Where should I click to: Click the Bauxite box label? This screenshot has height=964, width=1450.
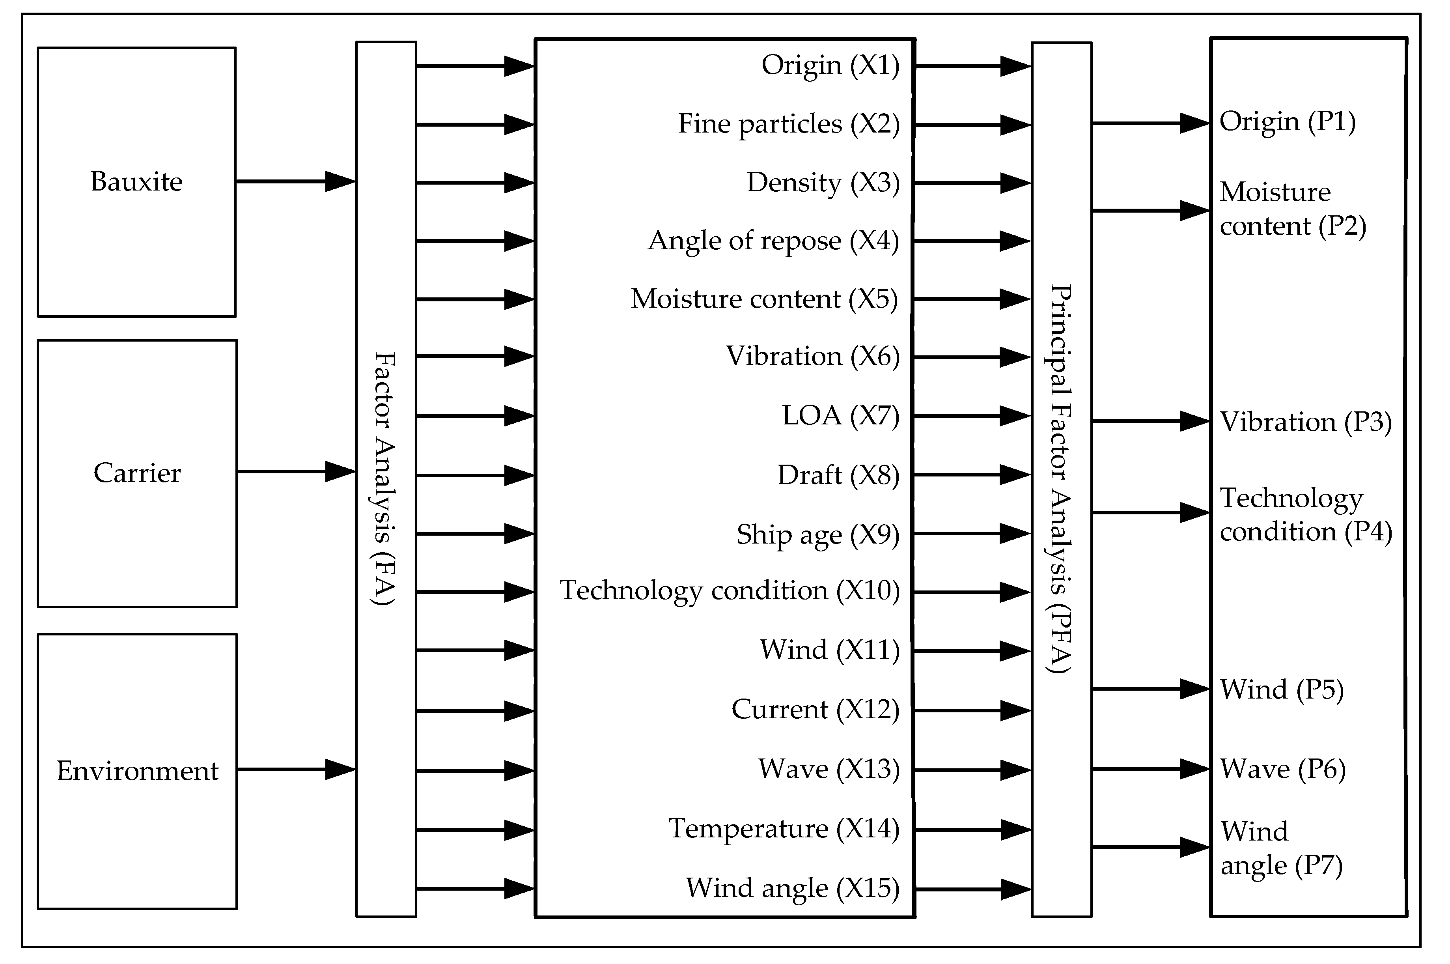coord(136,182)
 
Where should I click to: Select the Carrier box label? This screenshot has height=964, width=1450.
coord(137,473)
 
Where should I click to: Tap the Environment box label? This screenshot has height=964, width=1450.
coord(138,771)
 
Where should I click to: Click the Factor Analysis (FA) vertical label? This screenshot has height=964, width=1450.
coord(385,478)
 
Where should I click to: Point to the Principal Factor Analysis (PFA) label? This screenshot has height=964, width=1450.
coord(1061,478)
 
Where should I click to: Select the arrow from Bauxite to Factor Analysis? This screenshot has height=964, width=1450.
coord(295,181)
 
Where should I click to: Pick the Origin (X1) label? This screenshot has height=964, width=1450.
coord(830,65)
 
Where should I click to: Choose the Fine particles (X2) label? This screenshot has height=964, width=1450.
coord(789,124)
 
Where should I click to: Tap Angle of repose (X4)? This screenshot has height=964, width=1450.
coord(773,241)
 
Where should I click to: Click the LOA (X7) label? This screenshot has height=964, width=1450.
coord(840,416)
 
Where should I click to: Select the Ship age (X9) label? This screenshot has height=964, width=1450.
coord(817,535)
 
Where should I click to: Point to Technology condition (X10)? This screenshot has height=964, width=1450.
coord(730,591)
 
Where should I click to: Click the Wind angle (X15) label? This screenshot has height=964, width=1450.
coord(792,888)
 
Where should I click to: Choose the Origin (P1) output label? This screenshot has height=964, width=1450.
coord(1287,122)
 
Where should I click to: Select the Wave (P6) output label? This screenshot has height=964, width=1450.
coord(1283,769)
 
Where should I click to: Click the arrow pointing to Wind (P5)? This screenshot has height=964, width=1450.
coord(1150,689)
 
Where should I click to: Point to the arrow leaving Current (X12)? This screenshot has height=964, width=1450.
coord(972,711)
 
